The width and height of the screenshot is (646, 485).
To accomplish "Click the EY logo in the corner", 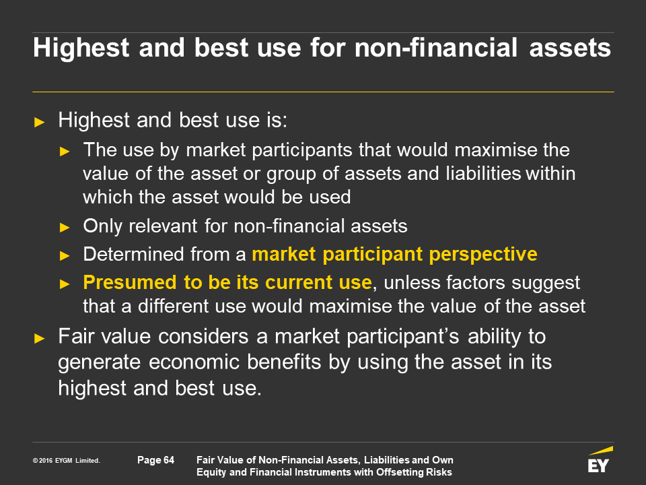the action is coord(600,459).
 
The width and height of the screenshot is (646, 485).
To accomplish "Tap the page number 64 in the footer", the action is coord(169,460).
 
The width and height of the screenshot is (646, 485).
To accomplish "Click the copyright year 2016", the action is coord(46,461).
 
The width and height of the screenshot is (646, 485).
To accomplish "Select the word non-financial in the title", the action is coord(436,47).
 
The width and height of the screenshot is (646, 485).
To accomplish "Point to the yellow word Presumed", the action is coord(130,282).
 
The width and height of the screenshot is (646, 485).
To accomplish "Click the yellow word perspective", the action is coord(483,255).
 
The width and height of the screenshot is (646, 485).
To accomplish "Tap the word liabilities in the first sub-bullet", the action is coord(483,173).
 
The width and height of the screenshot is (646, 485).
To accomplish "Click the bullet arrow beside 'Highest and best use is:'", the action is coord(39,122).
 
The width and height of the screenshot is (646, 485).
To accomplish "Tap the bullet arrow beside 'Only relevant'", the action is coord(65,227).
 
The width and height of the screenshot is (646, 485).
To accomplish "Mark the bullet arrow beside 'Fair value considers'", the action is coord(39,339).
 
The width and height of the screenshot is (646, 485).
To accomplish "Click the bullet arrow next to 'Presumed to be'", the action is coord(65,284).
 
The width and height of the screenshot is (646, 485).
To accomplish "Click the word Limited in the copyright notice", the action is coord(87,461).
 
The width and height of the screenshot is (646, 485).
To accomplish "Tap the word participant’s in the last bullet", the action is coord(402,337).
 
